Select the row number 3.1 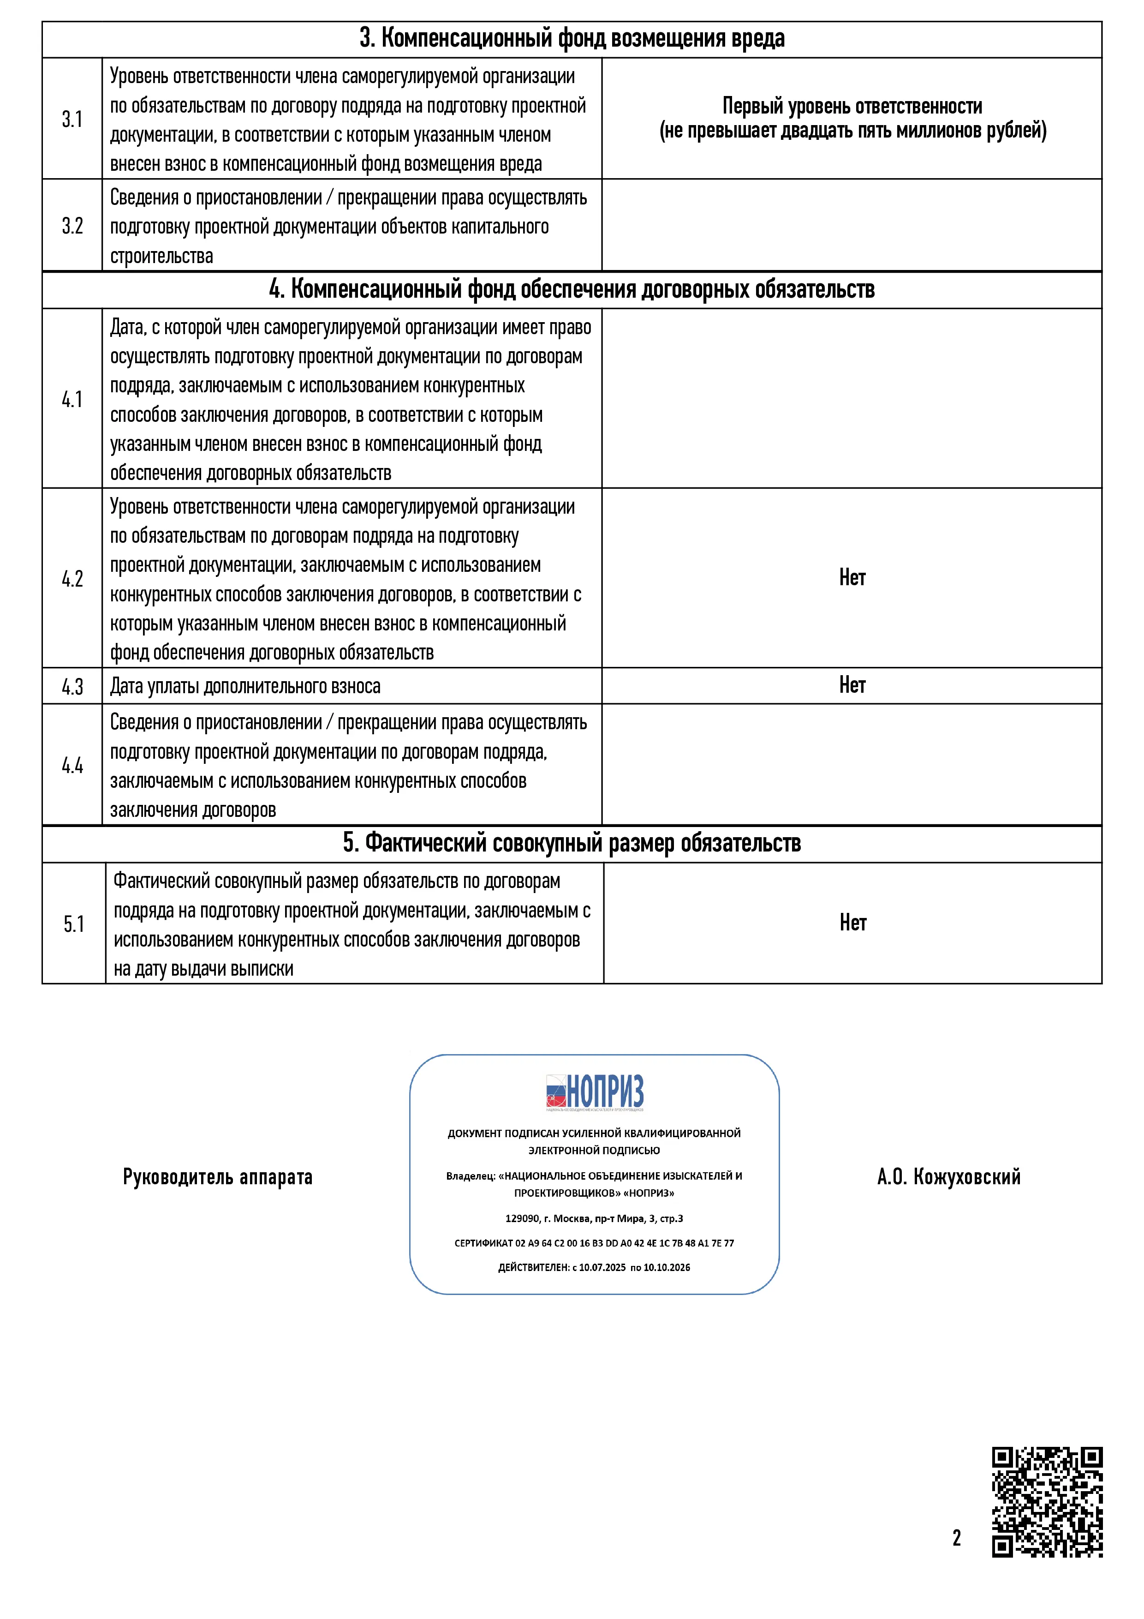click(x=72, y=119)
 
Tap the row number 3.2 click(x=72, y=226)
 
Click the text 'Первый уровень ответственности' click(x=852, y=107)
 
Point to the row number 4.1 click(x=72, y=399)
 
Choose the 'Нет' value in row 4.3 click(x=852, y=685)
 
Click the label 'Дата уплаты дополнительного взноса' click(x=245, y=686)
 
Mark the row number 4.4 click(x=72, y=765)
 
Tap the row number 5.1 click(x=73, y=924)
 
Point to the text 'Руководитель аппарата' click(x=217, y=1177)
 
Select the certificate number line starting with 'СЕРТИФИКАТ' click(x=594, y=1243)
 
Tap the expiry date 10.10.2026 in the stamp click(x=667, y=1267)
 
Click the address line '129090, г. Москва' click(x=594, y=1218)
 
